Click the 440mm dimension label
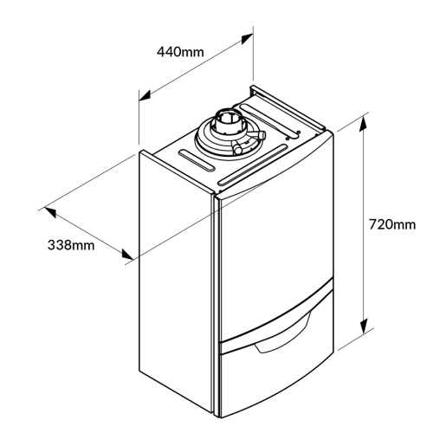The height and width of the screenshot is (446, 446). (180, 52)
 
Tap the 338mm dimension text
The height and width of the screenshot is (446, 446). (71, 245)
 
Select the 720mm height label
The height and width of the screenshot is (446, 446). (392, 224)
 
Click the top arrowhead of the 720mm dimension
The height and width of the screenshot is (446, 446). (364, 124)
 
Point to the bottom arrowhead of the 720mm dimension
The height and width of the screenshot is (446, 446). (364, 326)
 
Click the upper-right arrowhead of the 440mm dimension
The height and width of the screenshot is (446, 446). (247, 39)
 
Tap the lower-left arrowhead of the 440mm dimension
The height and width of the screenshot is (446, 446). (145, 95)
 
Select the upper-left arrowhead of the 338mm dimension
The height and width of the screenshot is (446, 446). (50, 212)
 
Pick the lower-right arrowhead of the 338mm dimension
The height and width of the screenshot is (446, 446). (127, 255)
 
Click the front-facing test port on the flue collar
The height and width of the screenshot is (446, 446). (237, 147)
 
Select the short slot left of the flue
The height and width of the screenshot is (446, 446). (197, 161)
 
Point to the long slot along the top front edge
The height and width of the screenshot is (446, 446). (253, 165)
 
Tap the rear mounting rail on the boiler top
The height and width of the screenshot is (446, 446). (288, 107)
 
